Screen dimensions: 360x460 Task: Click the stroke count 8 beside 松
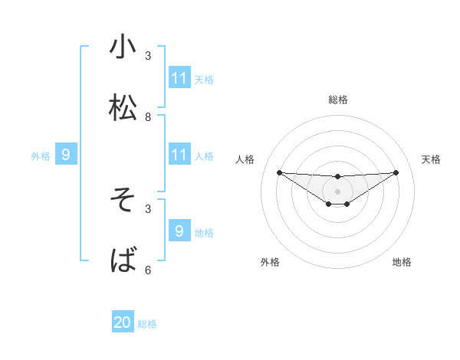click(148, 117)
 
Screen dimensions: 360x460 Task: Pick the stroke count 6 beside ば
click(148, 270)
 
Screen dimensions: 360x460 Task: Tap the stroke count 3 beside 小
click(148, 56)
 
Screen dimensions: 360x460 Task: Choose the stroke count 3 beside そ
click(148, 208)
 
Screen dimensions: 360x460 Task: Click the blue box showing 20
click(123, 322)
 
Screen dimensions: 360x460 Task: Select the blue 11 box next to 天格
click(179, 77)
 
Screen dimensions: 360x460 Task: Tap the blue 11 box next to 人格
click(179, 155)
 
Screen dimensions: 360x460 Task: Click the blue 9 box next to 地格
click(179, 231)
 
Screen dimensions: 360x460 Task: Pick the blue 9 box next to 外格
click(66, 155)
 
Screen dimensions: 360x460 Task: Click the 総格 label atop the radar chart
click(338, 100)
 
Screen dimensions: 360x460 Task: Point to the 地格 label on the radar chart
click(402, 263)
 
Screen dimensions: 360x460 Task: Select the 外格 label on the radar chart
click(270, 263)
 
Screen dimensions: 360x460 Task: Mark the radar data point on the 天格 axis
click(396, 172)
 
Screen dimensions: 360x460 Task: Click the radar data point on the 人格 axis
click(279, 172)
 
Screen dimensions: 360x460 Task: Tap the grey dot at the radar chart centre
click(337, 191)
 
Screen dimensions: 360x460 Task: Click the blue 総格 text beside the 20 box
click(147, 324)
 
